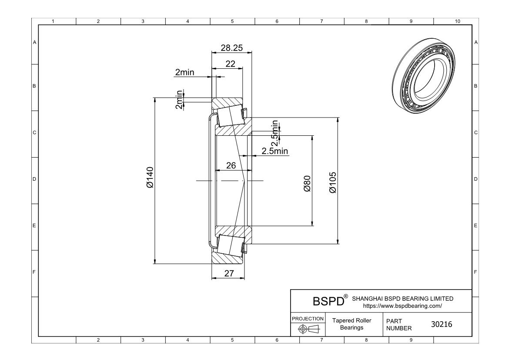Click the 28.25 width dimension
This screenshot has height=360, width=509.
231,48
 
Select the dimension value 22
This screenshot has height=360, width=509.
230,64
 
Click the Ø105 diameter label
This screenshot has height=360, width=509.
333,182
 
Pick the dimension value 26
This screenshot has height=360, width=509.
231,165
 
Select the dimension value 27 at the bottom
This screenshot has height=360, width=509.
229,273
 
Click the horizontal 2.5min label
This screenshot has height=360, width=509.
275,151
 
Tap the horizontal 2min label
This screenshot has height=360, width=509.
184,73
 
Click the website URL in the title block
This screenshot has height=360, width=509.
402,306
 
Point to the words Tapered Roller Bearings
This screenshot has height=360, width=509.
352,324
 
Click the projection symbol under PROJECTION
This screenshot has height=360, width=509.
307,329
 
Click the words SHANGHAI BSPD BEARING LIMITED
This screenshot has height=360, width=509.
402,299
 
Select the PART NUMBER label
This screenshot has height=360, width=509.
396,324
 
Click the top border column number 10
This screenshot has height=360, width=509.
457,21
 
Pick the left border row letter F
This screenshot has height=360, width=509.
34,272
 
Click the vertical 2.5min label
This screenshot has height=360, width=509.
275,133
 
